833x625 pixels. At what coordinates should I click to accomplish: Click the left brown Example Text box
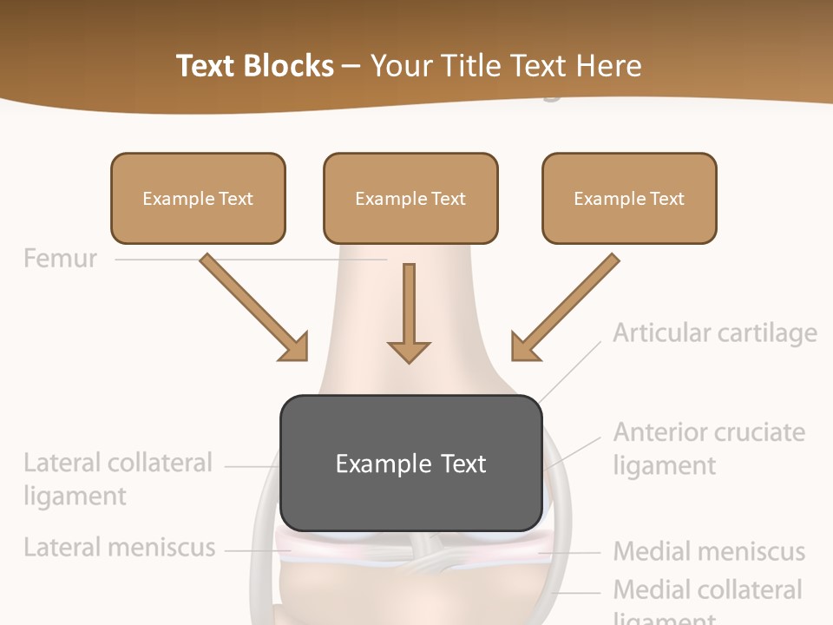click(x=198, y=198)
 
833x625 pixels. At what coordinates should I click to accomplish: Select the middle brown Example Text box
click(x=410, y=198)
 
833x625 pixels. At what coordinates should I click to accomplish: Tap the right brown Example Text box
click(x=629, y=198)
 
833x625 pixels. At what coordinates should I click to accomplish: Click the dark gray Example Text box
click(x=410, y=463)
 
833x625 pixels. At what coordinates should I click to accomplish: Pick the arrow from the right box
click(x=565, y=307)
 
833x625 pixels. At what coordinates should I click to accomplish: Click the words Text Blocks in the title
click(x=254, y=66)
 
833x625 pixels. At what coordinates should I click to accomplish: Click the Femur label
click(x=60, y=258)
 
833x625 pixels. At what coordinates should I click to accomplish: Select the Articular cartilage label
click(x=715, y=332)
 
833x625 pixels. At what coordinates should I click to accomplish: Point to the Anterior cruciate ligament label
click(x=709, y=448)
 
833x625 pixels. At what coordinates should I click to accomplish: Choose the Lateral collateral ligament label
click(x=117, y=479)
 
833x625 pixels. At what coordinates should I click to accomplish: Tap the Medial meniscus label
click(x=709, y=551)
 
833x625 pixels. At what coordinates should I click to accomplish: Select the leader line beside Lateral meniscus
click(x=252, y=549)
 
